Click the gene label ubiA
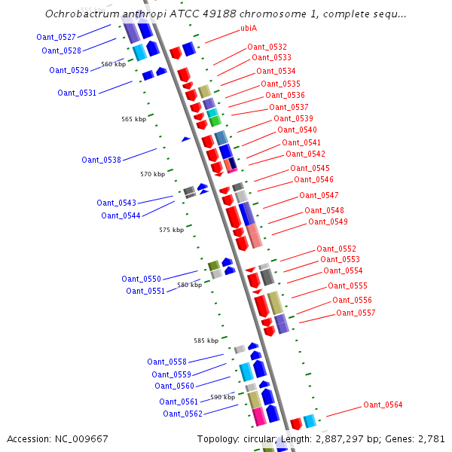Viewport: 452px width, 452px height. click(x=249, y=28)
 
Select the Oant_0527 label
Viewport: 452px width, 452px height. click(x=56, y=37)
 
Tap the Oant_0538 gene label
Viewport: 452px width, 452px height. click(x=101, y=160)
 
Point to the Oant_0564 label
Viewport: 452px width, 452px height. click(x=383, y=405)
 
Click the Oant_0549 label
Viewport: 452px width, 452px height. click(x=328, y=221)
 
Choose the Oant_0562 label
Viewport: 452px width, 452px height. click(x=182, y=414)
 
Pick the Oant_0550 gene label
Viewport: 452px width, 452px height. click(x=141, y=279)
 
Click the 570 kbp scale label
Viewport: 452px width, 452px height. click(x=152, y=174)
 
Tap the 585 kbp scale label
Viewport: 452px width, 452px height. click(x=206, y=341)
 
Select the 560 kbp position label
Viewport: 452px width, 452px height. click(x=113, y=65)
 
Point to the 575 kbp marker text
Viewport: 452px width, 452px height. click(x=171, y=230)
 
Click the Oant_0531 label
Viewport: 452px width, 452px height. click(x=77, y=93)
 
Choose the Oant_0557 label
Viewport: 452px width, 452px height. click(x=356, y=313)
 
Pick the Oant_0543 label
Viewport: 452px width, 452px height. click(x=116, y=203)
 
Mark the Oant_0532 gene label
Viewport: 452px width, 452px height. click(x=267, y=47)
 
